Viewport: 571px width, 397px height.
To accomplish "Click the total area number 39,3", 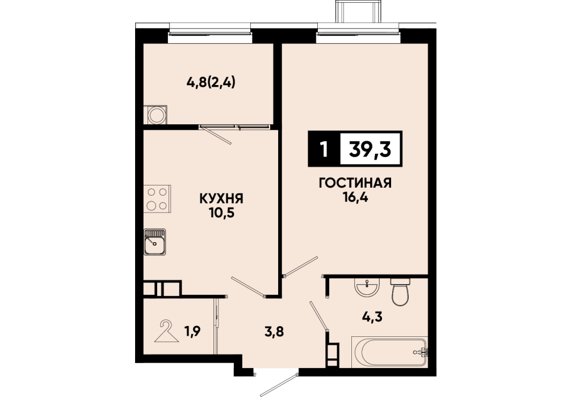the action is pos(370,149).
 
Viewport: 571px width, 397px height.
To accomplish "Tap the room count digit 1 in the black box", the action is pos(323,149).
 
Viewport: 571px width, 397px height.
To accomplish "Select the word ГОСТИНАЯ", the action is pos(355,183).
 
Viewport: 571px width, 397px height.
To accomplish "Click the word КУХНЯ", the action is pos(221,198).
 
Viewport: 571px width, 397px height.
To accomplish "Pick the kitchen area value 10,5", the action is pos(221,213).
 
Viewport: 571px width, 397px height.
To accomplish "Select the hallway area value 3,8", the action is pos(274,332).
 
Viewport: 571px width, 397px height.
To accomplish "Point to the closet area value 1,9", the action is pos(192,332).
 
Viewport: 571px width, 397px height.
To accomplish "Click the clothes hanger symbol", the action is pos(167,331).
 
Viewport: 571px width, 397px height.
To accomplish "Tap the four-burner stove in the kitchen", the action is pos(157,198).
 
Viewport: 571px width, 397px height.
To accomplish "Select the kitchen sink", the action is pos(155,242).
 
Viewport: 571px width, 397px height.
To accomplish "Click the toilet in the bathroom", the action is pos(401,292).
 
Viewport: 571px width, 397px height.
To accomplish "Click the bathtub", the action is pos(389,352).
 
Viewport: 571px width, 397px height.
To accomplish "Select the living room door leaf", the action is pos(301,267).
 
